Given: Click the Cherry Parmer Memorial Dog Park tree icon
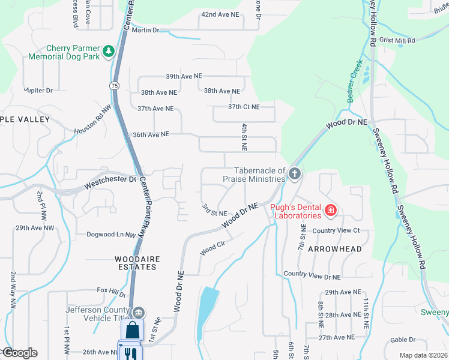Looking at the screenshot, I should [109, 52].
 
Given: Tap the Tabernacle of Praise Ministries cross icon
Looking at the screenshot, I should [294, 174].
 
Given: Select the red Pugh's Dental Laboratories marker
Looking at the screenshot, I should [330, 210].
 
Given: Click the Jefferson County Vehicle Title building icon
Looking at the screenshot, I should [139, 312].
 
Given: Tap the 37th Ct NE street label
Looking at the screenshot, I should [244, 107].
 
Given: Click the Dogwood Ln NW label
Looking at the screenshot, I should [112, 235].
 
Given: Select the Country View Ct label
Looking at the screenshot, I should [336, 230].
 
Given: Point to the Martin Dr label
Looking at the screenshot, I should [145, 30].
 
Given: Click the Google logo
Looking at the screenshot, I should [19, 353].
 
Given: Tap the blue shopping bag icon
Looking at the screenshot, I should [132, 330].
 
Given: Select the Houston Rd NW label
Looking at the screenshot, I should [93, 120].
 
